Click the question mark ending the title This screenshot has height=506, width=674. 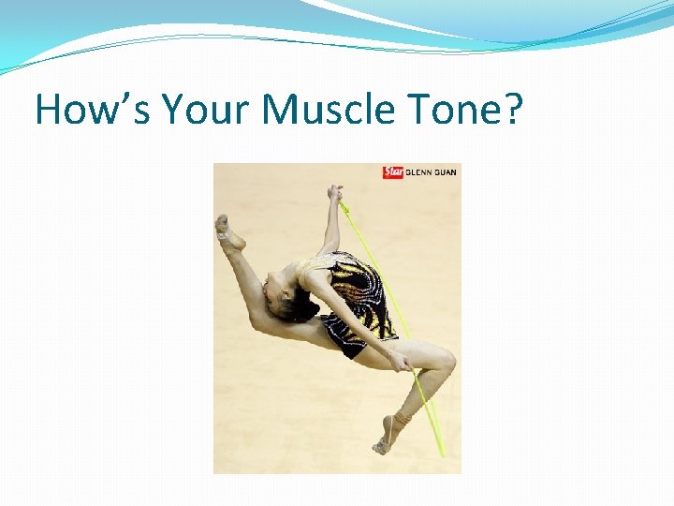click(x=512, y=110)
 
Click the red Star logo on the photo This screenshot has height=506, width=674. click(x=392, y=172)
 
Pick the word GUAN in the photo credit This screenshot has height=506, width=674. click(x=445, y=172)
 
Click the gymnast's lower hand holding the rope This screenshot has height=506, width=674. click(x=401, y=362)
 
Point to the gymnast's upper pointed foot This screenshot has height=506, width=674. click(x=226, y=231)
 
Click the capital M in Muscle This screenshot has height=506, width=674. click(x=280, y=110)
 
